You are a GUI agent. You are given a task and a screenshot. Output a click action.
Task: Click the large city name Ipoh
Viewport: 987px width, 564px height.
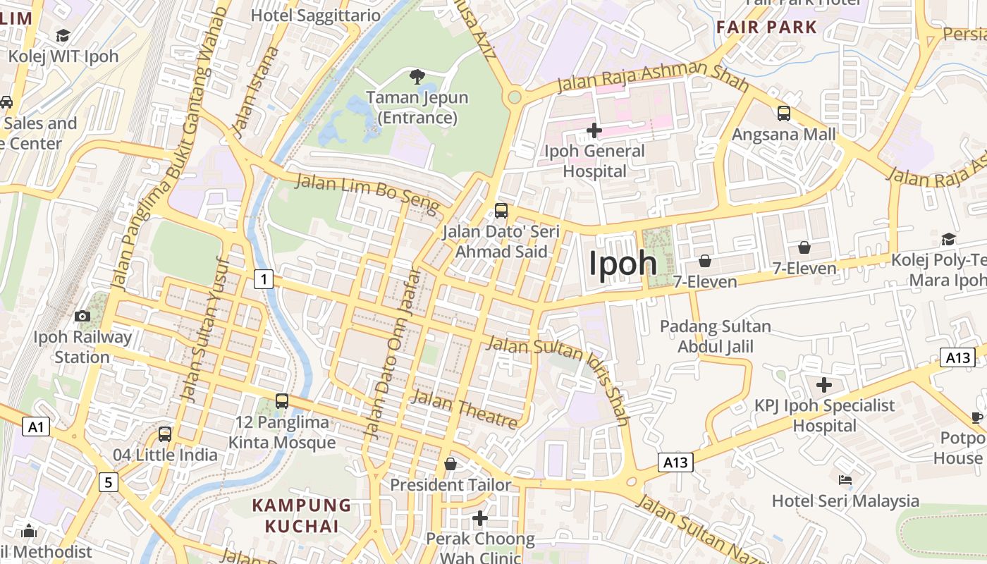(623, 264)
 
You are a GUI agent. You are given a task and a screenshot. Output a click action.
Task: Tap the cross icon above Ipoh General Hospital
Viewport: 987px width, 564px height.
(594, 130)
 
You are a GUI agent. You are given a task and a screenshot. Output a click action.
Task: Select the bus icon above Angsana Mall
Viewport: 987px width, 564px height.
(783, 113)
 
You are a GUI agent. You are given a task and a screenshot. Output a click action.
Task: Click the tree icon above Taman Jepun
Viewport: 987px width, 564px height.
(417, 76)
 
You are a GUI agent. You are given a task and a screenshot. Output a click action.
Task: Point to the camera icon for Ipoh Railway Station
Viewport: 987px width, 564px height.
(82, 316)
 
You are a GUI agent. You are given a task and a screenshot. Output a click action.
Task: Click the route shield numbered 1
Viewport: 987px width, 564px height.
(264, 280)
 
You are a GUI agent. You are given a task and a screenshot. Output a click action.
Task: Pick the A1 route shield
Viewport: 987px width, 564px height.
(36, 427)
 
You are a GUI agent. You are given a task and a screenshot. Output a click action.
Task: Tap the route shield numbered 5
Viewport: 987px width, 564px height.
(108, 482)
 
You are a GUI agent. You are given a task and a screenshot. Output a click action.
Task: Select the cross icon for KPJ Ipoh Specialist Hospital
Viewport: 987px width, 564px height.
(823, 385)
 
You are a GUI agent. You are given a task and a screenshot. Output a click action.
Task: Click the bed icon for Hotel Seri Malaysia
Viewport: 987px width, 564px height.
(845, 481)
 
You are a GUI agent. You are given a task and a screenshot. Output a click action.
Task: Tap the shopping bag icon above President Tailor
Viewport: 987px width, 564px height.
(450, 464)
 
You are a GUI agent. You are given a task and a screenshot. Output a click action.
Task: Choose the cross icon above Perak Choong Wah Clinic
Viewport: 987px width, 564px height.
(480, 518)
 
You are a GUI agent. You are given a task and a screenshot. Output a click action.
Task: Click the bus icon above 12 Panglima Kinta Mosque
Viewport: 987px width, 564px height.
(282, 401)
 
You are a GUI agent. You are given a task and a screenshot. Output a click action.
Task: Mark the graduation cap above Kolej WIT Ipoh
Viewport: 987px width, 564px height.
(63, 35)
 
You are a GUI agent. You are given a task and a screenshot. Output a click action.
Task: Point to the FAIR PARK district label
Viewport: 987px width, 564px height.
(766, 27)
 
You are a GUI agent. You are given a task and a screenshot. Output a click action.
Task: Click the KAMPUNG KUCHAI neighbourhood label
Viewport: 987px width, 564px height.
(302, 515)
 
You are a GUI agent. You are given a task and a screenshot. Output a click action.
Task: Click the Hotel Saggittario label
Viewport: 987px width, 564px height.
(316, 15)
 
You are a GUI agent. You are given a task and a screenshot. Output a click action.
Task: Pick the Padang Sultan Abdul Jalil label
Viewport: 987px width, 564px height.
(716, 336)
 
